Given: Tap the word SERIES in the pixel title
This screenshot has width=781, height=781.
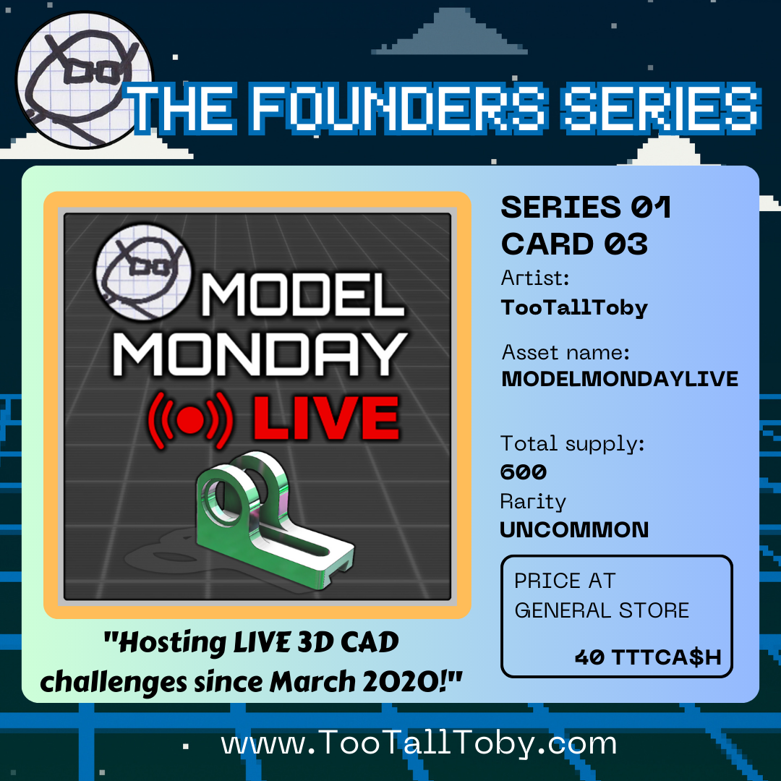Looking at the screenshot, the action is point(661,108).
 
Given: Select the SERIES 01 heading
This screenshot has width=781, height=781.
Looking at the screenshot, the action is point(586,207).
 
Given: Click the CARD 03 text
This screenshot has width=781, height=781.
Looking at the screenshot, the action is point(574,244).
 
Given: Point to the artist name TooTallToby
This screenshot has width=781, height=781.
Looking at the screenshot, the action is point(574,308).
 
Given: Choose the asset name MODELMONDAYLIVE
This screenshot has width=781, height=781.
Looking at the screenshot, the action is point(620,379).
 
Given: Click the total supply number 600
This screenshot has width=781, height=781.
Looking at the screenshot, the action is point(523,471).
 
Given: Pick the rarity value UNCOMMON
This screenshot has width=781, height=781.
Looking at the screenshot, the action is point(574,529).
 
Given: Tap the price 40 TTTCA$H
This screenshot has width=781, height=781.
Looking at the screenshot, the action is point(648,657).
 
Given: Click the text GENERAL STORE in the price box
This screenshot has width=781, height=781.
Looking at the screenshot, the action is point(602,610).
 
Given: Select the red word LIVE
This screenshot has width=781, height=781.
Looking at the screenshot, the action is point(326,418).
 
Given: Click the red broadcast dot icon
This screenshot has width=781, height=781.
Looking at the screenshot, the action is point(191,420).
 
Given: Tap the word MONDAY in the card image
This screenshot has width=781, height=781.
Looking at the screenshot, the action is point(260,354).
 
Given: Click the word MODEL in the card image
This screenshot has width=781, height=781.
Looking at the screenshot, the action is point(302,294).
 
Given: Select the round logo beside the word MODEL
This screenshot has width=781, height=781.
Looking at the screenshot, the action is point(144,272).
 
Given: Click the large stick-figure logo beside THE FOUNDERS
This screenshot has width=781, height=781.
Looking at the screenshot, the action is point(85,80).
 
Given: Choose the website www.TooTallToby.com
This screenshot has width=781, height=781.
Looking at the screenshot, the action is point(419,743).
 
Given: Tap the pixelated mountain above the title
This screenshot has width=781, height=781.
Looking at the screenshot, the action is point(449,31).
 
